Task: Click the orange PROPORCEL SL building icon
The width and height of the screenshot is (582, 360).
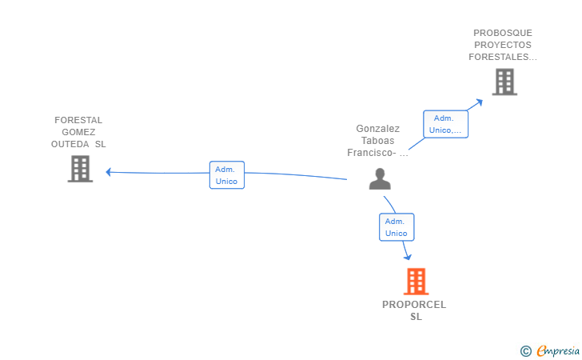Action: point(416,282)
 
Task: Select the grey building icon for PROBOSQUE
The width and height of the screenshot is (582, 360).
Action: point(504,82)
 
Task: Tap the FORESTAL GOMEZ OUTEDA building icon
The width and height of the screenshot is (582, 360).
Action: point(80,169)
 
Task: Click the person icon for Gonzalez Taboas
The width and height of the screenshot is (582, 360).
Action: point(380,178)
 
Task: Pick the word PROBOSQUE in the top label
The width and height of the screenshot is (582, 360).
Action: point(502,33)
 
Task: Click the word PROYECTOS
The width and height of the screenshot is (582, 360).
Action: point(502,45)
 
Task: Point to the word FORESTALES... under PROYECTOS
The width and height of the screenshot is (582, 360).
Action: point(502,57)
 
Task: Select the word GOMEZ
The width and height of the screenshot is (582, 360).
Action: point(78,132)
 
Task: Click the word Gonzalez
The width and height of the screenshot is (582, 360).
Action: point(377,128)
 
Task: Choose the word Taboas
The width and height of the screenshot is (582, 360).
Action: point(377,140)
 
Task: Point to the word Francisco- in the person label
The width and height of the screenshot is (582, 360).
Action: point(372,152)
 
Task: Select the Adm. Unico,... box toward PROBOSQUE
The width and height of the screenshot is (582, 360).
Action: point(445,124)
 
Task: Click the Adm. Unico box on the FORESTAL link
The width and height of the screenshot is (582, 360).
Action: point(227,175)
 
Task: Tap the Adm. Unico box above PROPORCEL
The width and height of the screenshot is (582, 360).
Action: point(396,227)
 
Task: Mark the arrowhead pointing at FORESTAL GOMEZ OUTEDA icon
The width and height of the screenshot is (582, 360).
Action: point(109,171)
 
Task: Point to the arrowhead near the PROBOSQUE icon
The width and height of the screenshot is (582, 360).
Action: point(480,101)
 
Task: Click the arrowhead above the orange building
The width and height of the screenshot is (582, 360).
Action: point(409,256)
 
